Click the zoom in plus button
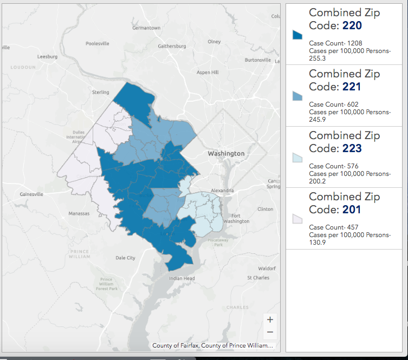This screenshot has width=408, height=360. [x=270, y=319]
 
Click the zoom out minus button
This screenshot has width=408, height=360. [x=270, y=332]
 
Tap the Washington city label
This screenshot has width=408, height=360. [x=226, y=154]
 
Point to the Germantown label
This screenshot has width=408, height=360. [x=146, y=28]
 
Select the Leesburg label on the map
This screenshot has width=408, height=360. [x=47, y=56]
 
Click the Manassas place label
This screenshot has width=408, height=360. [x=79, y=214]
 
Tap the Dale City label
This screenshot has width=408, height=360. [x=125, y=258]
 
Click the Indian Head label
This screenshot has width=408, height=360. [x=182, y=278]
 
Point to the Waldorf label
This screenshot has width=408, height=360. [x=267, y=269]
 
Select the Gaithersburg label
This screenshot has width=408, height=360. [x=172, y=46]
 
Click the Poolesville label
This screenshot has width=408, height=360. [x=97, y=43]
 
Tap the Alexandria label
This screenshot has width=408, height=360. [x=222, y=191]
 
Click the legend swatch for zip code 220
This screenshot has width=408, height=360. [x=297, y=35]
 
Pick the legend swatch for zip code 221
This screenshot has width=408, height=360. [x=297, y=96]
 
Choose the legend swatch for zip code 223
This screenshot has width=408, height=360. [x=297, y=158]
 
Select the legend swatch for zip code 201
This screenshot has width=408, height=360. [x=297, y=219]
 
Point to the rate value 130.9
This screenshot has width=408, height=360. [x=317, y=242]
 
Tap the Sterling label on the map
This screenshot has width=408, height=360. [x=101, y=93]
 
